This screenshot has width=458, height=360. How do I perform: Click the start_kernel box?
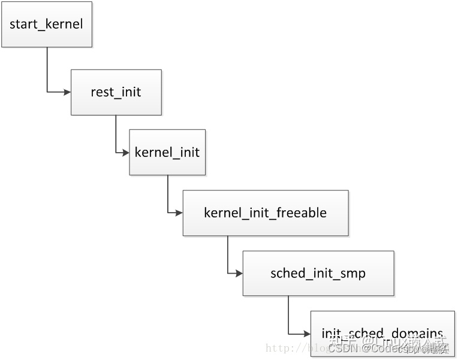click(x=47, y=25)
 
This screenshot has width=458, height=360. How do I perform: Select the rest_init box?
click(x=116, y=92)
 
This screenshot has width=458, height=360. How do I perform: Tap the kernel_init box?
click(x=167, y=152)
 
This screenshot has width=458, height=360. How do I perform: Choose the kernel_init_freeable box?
click(x=265, y=213)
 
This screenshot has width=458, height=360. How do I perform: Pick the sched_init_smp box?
click(x=318, y=273)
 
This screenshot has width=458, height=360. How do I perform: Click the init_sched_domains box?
click(x=382, y=333)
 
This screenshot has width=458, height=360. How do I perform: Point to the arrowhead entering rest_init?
click(x=67, y=92)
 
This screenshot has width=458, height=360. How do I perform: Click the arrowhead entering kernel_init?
click(x=125, y=152)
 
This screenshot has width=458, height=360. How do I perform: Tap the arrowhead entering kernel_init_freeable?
click(x=179, y=213)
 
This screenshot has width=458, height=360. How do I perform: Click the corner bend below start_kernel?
click(x=47, y=92)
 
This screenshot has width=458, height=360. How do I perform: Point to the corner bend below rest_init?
click(x=116, y=152)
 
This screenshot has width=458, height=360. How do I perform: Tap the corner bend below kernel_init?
click(x=168, y=213)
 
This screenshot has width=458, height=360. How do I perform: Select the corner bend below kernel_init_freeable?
click(x=228, y=273)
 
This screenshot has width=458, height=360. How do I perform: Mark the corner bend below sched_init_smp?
click(x=288, y=334)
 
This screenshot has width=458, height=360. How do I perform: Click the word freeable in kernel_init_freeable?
click(x=302, y=213)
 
